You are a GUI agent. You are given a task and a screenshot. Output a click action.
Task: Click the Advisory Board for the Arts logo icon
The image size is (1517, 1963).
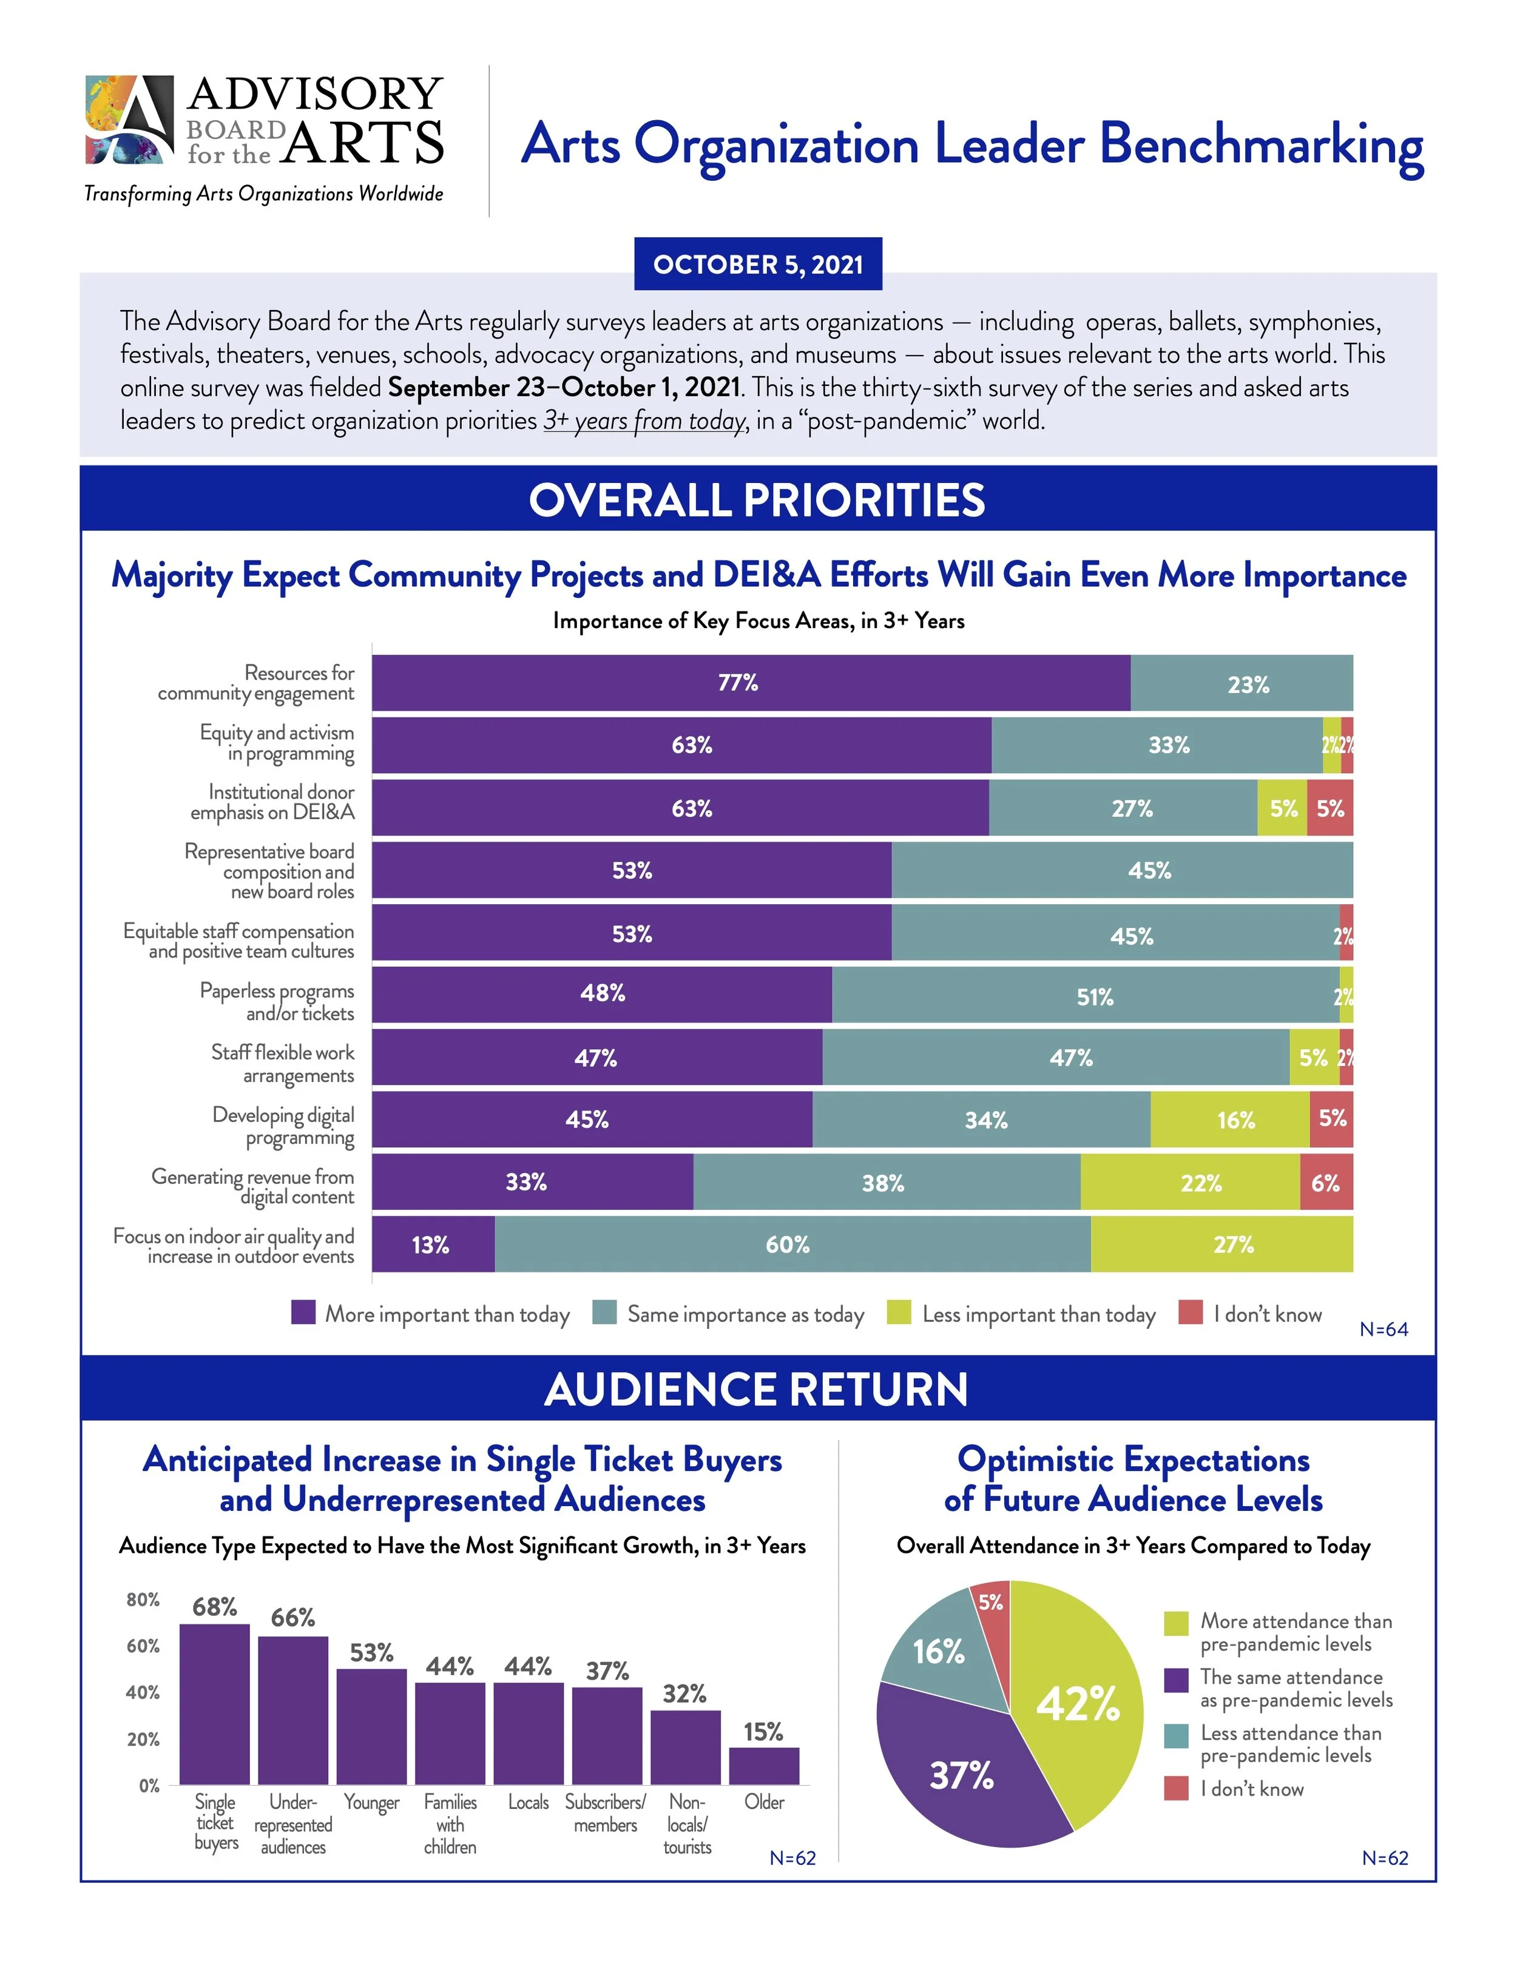[129, 120]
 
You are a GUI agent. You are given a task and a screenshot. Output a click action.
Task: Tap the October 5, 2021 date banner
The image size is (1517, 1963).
[758, 264]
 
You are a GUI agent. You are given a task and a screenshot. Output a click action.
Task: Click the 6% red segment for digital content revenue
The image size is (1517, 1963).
[1326, 1183]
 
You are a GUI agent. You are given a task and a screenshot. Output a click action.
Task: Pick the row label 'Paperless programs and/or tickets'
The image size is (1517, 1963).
[277, 1001]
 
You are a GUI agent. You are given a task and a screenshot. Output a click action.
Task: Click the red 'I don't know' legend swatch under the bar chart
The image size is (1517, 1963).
[1190, 1313]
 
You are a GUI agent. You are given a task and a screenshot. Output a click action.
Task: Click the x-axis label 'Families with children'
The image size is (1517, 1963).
[450, 1823]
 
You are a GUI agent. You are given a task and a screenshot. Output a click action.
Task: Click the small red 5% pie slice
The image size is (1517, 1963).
[992, 1604]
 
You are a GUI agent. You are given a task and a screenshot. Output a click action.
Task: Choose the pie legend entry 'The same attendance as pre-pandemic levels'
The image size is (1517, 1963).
[1295, 1688]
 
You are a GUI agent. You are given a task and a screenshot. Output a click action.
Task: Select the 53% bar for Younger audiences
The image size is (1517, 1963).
[371, 1726]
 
